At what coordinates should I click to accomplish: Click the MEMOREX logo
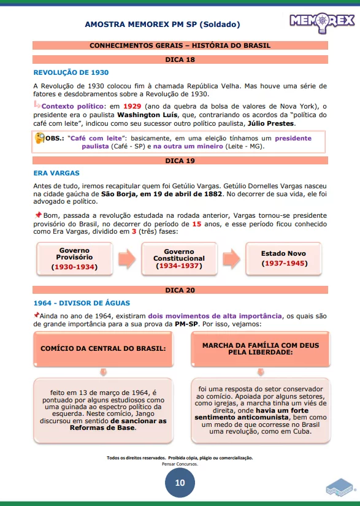(322, 21)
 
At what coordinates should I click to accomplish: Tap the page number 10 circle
(180, 482)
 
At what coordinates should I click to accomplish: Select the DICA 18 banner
(180, 59)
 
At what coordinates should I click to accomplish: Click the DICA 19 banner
(180, 161)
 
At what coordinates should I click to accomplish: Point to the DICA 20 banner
(180, 290)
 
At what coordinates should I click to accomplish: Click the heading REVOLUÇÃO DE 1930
(71, 72)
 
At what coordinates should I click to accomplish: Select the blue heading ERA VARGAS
(56, 173)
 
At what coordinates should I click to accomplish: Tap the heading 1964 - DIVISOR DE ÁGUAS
(82, 303)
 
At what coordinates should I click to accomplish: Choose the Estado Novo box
(283, 258)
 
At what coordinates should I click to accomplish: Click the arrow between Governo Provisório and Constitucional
(126, 259)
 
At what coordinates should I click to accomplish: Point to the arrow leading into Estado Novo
(231, 259)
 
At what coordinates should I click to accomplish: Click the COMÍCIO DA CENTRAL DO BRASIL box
(103, 348)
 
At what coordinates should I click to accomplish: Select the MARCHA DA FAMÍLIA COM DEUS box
(261, 349)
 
